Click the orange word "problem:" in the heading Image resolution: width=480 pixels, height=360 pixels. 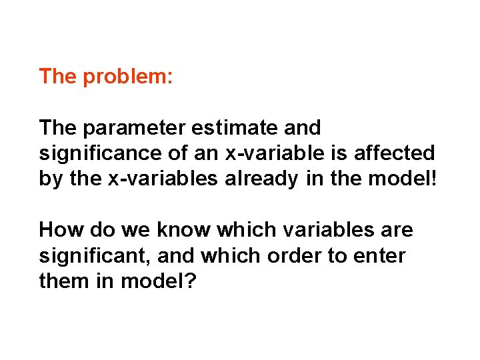[x=127, y=77]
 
